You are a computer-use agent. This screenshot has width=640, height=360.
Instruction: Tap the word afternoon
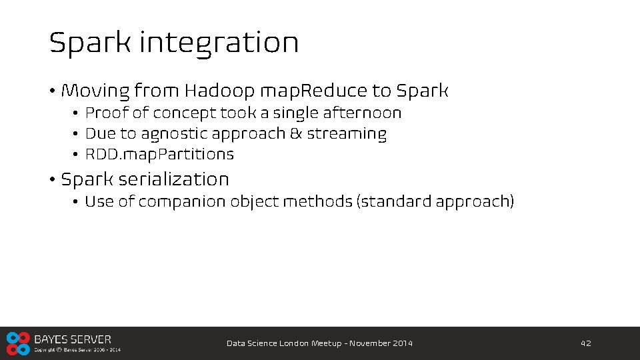coord(365,113)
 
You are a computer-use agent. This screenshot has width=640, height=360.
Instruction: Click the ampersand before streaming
coord(295,134)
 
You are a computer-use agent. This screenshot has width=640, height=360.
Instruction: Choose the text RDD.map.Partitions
coord(159,155)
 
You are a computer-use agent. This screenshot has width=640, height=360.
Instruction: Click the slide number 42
coord(586,343)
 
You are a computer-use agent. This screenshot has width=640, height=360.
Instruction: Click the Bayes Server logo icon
coord(18,343)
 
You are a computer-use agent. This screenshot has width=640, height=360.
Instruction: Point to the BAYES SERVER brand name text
coord(73,339)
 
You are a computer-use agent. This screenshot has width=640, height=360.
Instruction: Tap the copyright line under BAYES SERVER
coord(77,349)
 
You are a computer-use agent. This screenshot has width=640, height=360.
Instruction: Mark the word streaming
coord(347,134)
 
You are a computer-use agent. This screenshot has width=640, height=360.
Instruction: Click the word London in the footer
coord(294,343)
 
